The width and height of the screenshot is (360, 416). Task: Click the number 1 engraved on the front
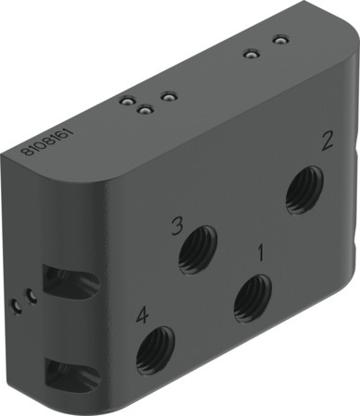261,251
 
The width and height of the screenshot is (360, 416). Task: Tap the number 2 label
326,141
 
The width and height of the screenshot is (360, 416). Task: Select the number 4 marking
143,315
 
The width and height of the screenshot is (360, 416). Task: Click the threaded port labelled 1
251,299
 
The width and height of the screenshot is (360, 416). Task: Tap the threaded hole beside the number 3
199,251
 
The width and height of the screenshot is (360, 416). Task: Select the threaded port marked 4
155,350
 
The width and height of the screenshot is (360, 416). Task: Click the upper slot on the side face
65,282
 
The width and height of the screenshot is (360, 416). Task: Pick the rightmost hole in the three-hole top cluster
168,95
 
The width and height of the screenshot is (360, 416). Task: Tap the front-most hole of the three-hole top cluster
144,111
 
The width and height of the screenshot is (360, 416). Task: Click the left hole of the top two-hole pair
249,53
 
